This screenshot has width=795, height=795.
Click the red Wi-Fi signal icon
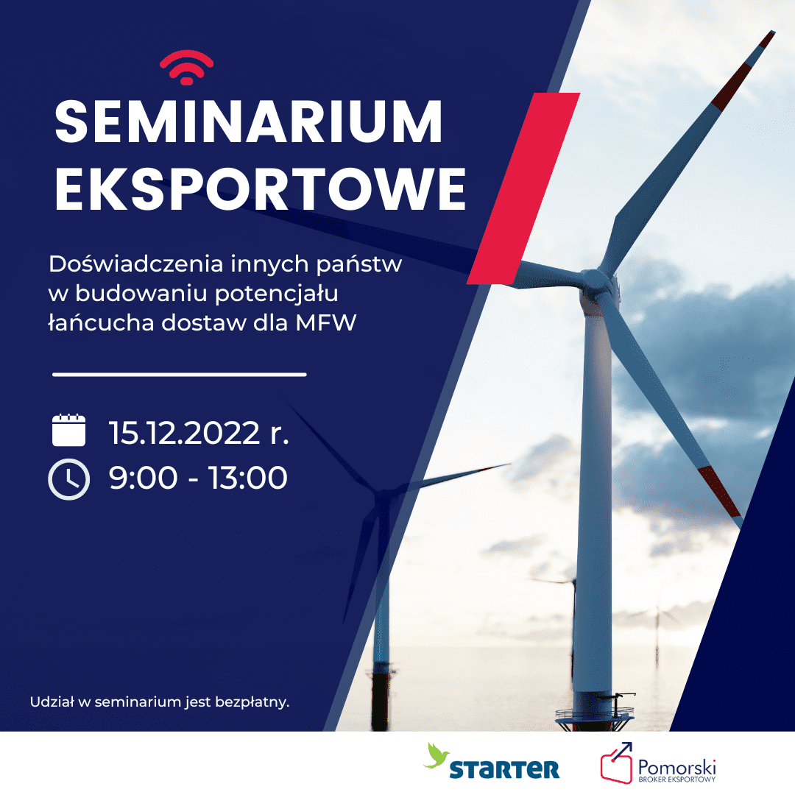(186, 68)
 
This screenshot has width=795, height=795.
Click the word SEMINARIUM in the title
(249, 122)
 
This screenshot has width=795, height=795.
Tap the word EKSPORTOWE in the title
(260, 188)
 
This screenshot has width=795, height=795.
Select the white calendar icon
(69, 430)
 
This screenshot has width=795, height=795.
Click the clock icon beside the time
(69, 479)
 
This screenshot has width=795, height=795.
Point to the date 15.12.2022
(185, 434)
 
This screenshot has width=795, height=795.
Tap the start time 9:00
(143, 478)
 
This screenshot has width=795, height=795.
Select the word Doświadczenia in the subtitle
(136, 264)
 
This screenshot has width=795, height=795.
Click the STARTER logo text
(504, 769)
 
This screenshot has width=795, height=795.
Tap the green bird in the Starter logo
(436, 755)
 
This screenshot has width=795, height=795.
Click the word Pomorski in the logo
(677, 766)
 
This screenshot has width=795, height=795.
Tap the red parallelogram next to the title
(524, 188)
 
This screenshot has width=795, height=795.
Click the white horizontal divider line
(180, 375)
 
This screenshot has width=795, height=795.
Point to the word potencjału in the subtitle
(276, 294)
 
